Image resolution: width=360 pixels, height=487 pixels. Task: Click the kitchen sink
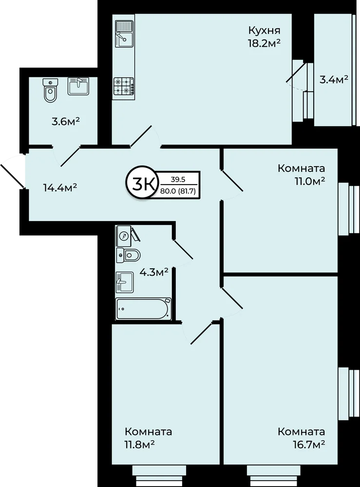tap(124, 34)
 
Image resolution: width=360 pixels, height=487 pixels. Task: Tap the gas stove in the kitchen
tap(124, 86)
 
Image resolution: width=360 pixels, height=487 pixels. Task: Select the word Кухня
tap(265, 30)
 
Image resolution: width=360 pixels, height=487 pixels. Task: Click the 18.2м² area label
tap(264, 43)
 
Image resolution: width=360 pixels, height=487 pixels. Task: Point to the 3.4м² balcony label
tap(334, 80)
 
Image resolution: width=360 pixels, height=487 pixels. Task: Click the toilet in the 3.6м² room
tap(51, 90)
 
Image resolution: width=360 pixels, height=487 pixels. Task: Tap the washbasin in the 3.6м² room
tap(78, 86)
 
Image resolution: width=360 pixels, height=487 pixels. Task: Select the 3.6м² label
tap(66, 121)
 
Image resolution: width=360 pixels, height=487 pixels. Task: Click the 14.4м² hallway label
tap(60, 188)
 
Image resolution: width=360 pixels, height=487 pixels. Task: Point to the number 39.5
tap(178, 179)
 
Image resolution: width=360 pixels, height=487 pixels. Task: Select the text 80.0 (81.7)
tap(178, 191)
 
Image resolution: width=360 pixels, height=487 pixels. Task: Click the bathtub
tap(143, 309)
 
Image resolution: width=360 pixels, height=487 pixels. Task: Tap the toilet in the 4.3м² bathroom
tap(128, 255)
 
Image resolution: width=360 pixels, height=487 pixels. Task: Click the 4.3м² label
tap(154, 272)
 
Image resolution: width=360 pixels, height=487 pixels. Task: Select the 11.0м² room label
tap(309, 181)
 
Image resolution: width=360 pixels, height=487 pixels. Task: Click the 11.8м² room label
tap(139, 445)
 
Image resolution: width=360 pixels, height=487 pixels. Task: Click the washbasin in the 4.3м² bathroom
tap(125, 282)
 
